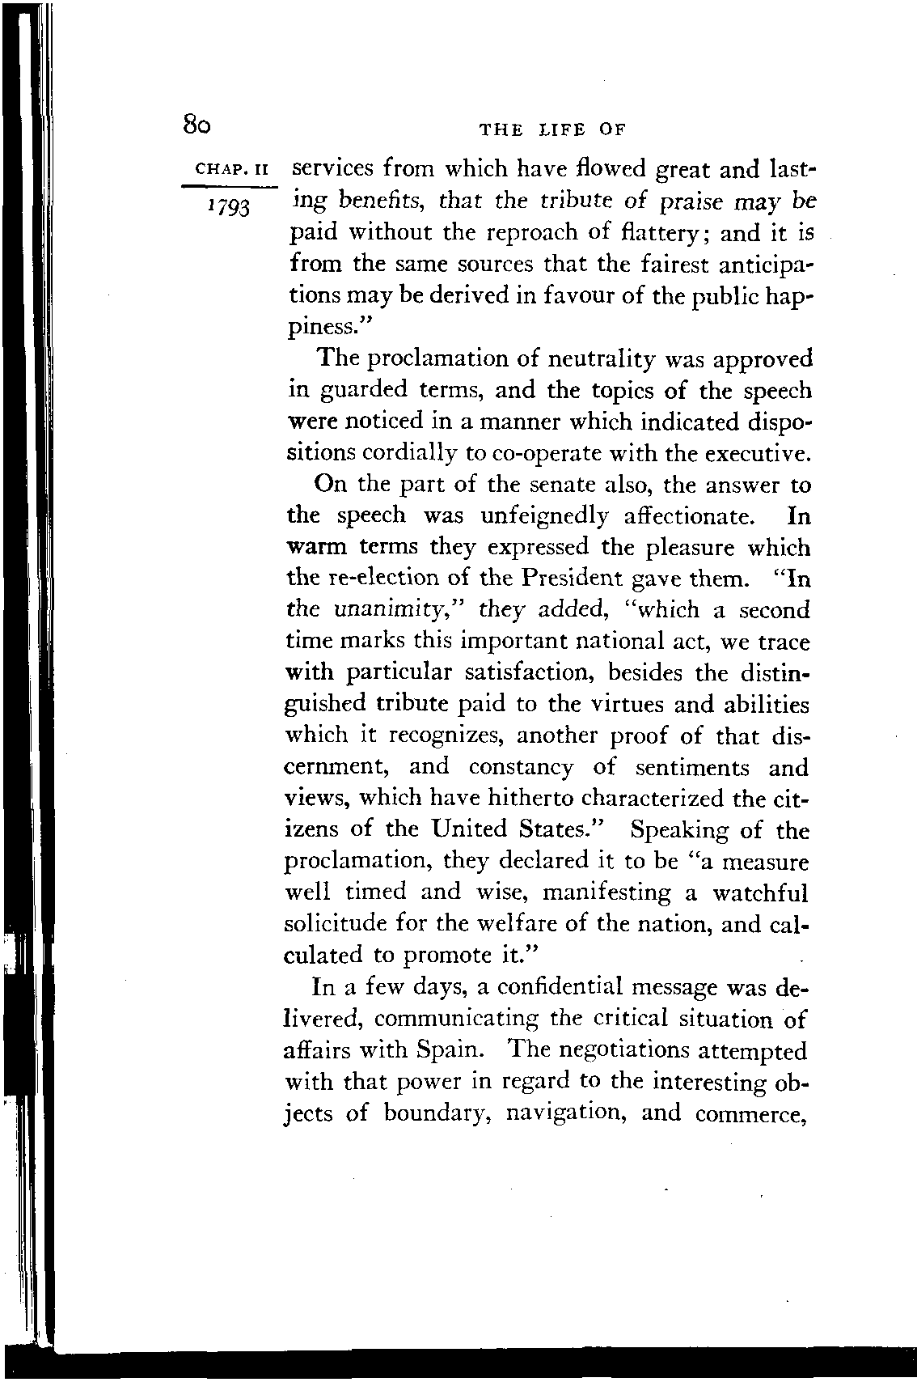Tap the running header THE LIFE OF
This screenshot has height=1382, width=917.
(554, 129)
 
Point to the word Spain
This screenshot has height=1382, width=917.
(448, 1051)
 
